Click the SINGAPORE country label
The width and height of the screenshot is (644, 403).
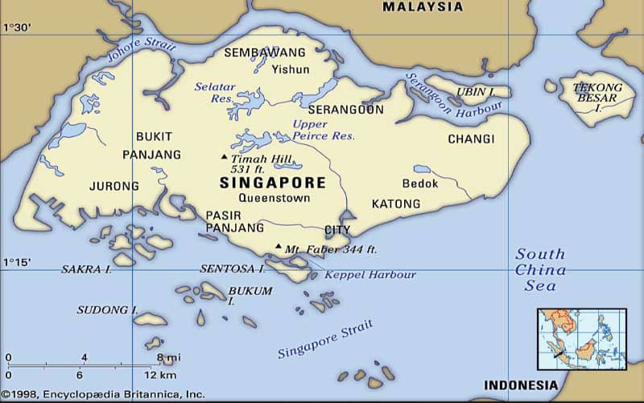tap(272, 183)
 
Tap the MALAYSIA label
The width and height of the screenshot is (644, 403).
tap(423, 7)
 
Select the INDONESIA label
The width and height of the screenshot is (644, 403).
tap(519, 384)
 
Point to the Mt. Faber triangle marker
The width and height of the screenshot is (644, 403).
tap(279, 247)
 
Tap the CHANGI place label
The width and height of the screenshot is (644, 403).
tap(471, 139)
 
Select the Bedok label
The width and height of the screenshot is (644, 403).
tap(420, 184)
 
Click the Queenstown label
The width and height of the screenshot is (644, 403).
tap(275, 198)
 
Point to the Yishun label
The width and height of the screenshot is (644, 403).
tap(290, 69)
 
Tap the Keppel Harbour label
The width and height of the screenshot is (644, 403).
tap(369, 275)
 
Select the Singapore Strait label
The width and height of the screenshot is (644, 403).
tap(325, 339)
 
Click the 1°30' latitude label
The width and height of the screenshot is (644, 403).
tap(17, 27)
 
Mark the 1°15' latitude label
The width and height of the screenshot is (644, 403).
tap(17, 262)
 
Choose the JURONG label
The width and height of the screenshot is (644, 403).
tap(114, 186)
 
